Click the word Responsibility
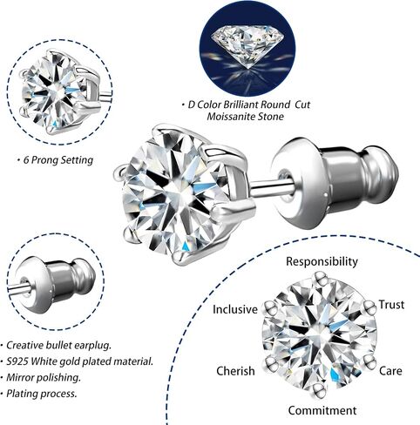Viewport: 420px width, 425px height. pos(322,261)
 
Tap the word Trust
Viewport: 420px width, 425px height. pos(391,305)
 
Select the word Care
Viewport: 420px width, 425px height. pos(390,371)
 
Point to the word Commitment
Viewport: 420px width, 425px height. pos(322,410)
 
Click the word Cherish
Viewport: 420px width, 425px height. pos(235,371)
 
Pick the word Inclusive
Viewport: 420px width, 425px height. pos(235,309)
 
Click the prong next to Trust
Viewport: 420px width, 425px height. pos(369,307)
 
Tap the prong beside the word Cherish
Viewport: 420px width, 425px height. pos(271,364)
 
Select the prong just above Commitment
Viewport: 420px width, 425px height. pos(320,390)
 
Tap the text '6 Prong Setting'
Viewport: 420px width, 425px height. pos(58,160)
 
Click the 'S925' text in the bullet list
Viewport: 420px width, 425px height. pos(17,361)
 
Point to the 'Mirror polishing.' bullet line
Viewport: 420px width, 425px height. pos(44,377)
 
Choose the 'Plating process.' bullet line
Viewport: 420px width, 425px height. pos(42,394)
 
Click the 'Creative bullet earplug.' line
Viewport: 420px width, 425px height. pos(58,346)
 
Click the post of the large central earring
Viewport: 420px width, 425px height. pos(272,187)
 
